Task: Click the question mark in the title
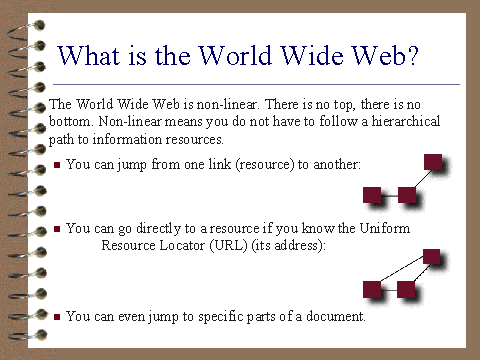pos(412,55)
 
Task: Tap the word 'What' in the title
pos(89,55)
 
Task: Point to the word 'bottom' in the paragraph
pos(69,121)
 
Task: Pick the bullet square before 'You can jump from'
pos(57,165)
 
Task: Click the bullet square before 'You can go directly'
pos(57,229)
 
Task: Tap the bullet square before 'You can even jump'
pos(57,317)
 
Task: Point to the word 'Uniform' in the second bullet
pos(385,228)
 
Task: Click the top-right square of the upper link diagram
pos(433,162)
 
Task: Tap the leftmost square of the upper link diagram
pos(372,195)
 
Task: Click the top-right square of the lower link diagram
pos(431,257)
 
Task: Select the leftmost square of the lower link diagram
pos(372,289)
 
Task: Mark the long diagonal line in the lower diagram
pos(402,268)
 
